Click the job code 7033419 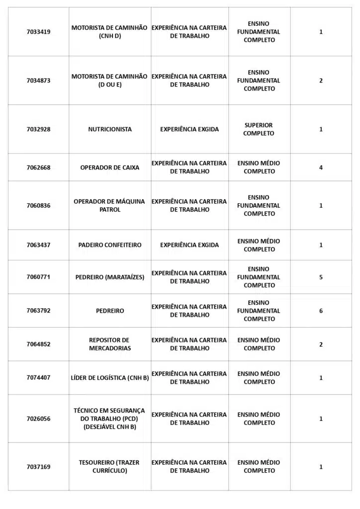38,32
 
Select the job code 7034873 38,81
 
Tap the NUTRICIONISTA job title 110,129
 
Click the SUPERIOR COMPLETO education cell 259,129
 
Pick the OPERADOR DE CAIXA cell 110,168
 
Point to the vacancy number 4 321,168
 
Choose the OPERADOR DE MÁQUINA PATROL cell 110,205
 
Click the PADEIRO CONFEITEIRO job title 110,245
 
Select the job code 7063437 38,245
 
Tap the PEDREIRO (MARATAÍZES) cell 110,277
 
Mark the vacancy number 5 321,277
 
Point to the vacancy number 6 321,311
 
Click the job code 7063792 38,311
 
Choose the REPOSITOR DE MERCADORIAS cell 110,344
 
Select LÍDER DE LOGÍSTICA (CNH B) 110,378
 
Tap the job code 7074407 38,378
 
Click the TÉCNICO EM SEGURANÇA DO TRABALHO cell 110,419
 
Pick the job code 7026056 38,419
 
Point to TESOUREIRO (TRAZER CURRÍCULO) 110,466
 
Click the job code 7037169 38,467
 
